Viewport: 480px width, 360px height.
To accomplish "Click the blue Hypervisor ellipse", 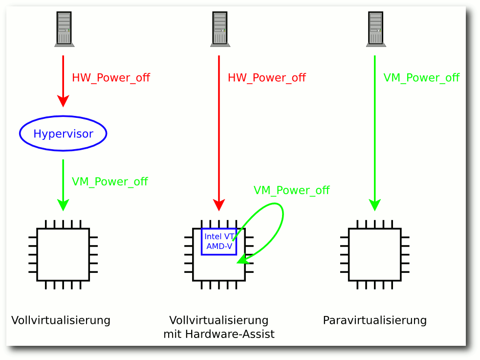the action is (63, 116).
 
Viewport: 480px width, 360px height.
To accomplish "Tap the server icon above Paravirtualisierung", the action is (376, 29).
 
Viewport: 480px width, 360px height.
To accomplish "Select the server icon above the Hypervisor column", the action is (65, 29).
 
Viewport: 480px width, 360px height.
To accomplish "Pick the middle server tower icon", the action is (220, 29).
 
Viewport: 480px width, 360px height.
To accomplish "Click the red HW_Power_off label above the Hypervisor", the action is (111, 78).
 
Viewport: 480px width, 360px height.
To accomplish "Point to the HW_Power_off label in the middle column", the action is (266, 78).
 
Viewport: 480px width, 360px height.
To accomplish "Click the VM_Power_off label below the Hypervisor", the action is (110, 181).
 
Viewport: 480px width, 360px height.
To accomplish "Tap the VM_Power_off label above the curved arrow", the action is (291, 190).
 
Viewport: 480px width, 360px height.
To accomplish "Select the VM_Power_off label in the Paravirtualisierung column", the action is (421, 78).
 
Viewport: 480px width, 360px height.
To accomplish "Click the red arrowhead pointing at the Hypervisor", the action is (63, 101).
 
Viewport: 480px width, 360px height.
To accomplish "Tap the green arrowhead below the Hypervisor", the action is (63, 205).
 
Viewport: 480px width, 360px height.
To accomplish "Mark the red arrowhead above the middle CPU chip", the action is (219, 205).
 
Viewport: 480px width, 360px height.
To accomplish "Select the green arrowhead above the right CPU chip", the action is (375, 205).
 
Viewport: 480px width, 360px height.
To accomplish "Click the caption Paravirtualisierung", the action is (375, 320).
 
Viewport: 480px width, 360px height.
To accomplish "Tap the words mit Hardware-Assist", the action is (219, 334).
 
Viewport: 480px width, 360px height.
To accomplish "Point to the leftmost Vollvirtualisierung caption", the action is (61, 320).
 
